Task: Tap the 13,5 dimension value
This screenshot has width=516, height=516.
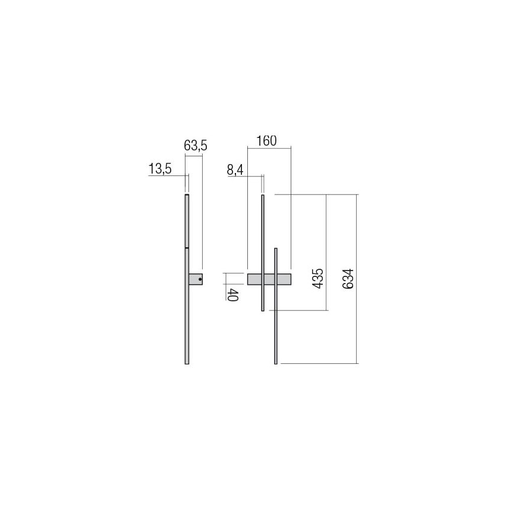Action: [159, 169]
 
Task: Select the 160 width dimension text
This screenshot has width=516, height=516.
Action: [266, 141]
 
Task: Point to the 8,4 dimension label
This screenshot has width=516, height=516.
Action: [235, 170]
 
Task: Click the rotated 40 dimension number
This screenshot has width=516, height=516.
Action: [233, 294]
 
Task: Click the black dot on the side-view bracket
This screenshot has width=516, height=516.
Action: [200, 279]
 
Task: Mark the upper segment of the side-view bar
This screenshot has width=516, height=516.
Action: [187, 220]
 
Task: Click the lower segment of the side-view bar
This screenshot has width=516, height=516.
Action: [187, 309]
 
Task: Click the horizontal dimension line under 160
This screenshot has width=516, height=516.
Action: [269, 148]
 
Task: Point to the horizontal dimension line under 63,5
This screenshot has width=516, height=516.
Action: [194, 156]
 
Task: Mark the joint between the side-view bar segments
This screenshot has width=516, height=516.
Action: [187, 247]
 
